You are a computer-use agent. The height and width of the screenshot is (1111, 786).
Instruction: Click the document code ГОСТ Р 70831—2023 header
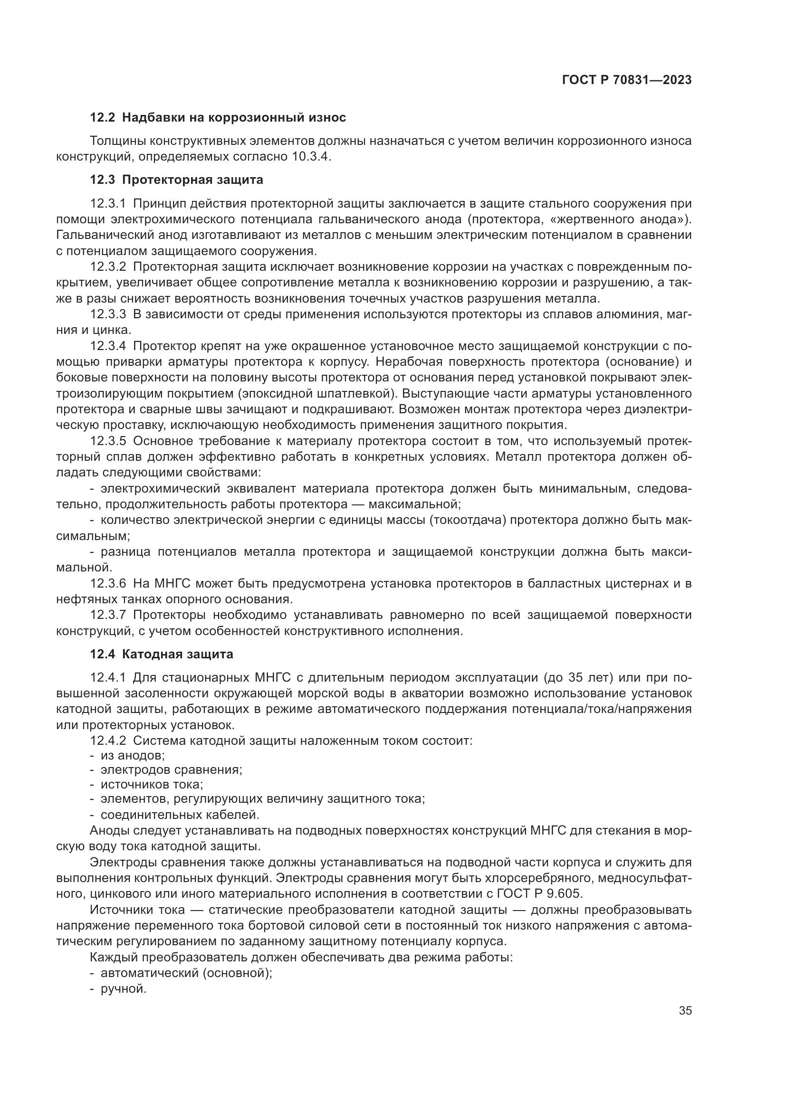click(627, 80)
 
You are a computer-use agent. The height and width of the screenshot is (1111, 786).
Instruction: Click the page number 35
click(685, 1011)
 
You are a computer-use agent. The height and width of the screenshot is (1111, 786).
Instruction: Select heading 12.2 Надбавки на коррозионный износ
click(218, 118)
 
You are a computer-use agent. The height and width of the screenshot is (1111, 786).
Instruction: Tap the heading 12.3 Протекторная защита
click(176, 180)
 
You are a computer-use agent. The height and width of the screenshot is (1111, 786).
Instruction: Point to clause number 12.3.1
click(108, 203)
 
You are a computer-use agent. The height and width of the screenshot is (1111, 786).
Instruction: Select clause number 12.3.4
click(108, 346)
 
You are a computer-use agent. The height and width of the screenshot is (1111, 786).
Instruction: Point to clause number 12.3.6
click(108, 584)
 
